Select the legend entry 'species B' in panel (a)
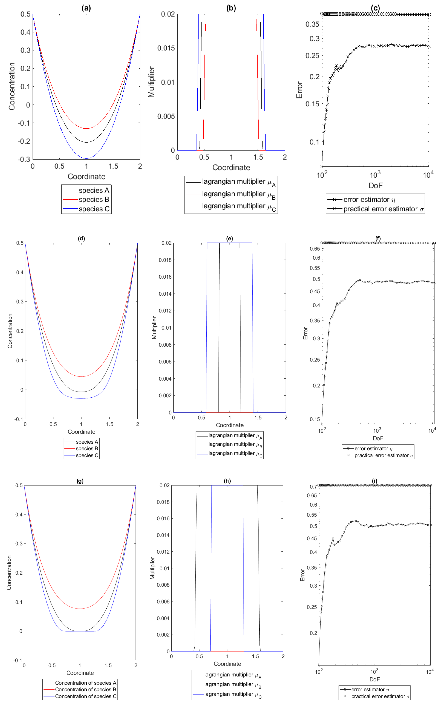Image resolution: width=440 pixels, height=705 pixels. click(94, 200)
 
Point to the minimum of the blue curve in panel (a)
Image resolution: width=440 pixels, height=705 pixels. click(86, 158)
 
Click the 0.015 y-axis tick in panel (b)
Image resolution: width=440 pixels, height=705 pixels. click(166, 48)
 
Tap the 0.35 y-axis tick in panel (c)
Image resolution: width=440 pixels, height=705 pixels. click(312, 24)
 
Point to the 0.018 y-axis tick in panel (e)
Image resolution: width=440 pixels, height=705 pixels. click(165, 260)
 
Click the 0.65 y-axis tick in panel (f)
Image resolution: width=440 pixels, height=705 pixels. click(316, 248)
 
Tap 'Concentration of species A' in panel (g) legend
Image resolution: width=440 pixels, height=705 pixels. click(85, 683)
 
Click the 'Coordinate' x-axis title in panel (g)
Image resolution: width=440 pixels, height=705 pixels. click(80, 673)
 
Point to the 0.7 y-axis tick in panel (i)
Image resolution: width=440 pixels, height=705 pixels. click(313, 487)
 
